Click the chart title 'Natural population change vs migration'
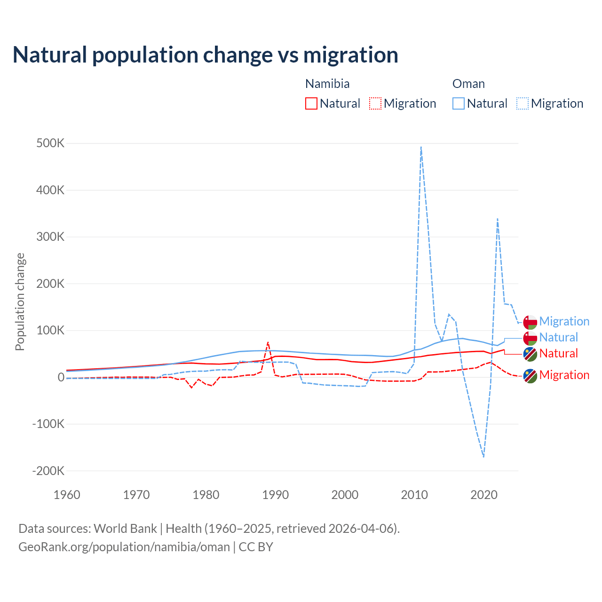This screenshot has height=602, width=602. point(206,55)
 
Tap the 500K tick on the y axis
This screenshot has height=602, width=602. point(50,143)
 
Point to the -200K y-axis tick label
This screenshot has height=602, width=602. point(48,471)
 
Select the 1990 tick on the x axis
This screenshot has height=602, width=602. point(276,495)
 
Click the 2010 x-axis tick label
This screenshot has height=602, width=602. point(414,495)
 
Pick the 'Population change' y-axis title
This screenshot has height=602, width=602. point(20,301)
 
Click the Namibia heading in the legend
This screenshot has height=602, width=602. point(327,84)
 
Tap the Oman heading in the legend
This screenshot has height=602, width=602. point(468,84)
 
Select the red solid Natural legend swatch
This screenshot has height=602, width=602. point(311,103)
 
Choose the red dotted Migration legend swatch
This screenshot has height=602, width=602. point(375,103)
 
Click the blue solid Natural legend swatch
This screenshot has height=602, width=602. point(459,103)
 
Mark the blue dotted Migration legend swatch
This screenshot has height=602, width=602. point(523,103)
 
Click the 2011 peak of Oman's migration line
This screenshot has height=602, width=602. point(421,147)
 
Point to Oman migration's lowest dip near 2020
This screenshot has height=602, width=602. point(483,456)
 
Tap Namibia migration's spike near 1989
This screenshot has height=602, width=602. point(268,342)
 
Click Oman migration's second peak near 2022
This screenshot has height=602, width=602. point(497,219)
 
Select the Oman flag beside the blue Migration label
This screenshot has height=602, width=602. point(530,322)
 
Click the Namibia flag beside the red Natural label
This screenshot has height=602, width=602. point(530,354)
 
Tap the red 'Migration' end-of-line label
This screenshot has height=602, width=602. point(564,375)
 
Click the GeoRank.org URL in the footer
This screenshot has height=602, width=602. point(124,547)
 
